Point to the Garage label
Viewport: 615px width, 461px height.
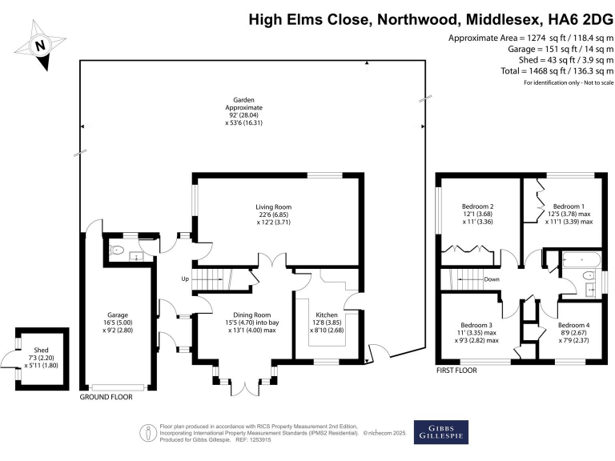click(x=119, y=315)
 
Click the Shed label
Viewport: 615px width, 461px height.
click(x=40, y=357)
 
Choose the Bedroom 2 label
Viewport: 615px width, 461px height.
click(x=479, y=206)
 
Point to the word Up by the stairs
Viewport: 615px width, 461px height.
click(x=186, y=279)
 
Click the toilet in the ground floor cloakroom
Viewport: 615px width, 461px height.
click(x=117, y=251)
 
